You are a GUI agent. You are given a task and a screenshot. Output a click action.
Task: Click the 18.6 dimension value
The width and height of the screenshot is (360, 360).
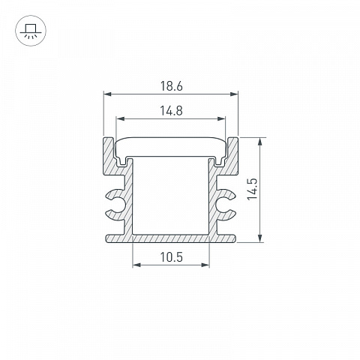click(171, 86)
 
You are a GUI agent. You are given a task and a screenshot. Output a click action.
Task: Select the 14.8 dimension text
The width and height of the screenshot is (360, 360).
click(171, 111)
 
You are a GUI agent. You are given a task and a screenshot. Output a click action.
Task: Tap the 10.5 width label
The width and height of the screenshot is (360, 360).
click(171, 257)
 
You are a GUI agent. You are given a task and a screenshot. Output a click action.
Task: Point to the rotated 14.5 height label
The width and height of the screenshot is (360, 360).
click(252, 189)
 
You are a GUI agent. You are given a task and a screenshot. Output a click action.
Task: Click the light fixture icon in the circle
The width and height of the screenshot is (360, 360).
click(31, 31)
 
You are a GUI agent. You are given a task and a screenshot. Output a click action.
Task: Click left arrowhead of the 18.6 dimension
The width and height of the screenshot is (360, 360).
click(107, 94)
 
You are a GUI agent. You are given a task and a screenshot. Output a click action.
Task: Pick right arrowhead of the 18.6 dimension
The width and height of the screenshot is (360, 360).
click(234, 94)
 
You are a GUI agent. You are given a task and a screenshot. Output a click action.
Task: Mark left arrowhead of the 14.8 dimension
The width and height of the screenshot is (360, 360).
click(120, 118)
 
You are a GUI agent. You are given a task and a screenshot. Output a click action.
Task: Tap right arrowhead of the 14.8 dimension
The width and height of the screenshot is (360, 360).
click(222, 118)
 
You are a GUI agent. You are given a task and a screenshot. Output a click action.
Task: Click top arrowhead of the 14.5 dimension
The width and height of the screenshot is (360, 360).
click(260, 141)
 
